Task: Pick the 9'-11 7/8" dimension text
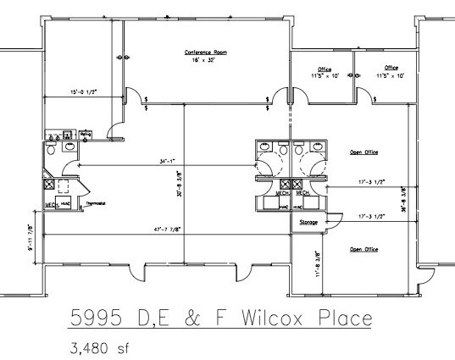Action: pos(31,239)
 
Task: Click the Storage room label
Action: pos(308,224)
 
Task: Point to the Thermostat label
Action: pos(95,203)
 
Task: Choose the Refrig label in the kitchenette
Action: pos(86,133)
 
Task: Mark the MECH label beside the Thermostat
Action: pos(51,204)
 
